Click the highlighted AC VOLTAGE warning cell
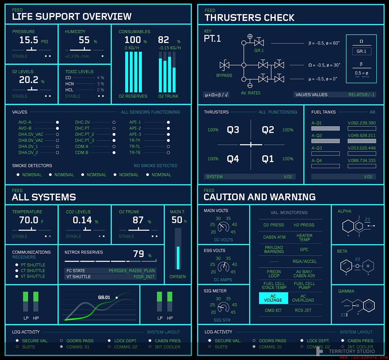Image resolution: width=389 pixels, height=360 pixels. [273, 298]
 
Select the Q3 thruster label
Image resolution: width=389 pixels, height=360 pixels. [233, 130]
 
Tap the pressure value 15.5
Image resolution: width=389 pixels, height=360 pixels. [29, 40]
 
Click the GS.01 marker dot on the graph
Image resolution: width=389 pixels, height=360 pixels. [116, 297]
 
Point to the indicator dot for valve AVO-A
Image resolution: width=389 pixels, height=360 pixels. [58, 122]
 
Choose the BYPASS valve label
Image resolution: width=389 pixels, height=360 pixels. [224, 75]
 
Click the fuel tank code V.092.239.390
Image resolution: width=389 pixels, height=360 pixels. [362, 123]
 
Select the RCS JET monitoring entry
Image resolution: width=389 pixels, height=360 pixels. [303, 310]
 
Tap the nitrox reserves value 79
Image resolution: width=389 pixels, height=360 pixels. [139, 254]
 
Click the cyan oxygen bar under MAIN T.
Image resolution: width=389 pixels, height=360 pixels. [178, 258]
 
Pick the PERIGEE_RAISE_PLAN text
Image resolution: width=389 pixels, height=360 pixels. [132, 270]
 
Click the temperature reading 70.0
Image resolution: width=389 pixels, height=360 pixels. [29, 220]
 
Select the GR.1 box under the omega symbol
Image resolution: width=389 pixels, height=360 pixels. [361, 51]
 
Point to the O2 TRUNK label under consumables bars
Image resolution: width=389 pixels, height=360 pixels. [168, 96]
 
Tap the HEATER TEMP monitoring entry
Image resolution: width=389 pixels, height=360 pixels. [304, 237]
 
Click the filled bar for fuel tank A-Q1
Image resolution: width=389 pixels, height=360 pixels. [325, 128]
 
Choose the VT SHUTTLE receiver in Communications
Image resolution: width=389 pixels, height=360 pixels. [33, 276]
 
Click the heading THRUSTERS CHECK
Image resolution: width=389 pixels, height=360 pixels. [249, 17]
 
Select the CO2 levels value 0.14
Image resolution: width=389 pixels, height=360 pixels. [82, 220]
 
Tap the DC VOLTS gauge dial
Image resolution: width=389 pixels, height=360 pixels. [223, 228]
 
